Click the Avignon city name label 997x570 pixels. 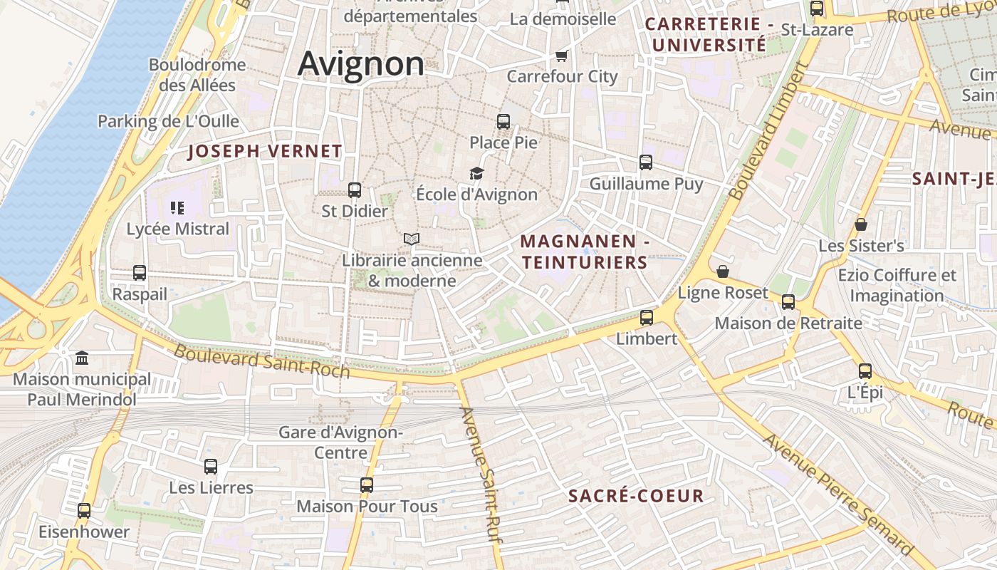[360, 63]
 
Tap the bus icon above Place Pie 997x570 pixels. [503, 122]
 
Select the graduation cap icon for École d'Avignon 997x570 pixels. [476, 173]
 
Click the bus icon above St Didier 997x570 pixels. [355, 190]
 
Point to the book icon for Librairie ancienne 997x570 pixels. [412, 239]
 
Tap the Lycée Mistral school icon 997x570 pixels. [177, 208]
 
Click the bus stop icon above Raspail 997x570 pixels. [140, 273]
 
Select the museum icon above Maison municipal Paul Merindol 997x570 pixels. [82, 358]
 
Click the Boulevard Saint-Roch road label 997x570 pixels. [262, 361]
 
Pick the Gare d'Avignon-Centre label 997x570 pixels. [340, 442]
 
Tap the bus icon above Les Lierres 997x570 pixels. [211, 467]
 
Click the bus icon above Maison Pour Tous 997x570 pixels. [367, 485]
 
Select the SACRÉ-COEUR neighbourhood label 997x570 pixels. [636, 496]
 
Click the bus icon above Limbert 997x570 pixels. [647, 318]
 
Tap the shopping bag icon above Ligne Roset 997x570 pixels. [723, 271]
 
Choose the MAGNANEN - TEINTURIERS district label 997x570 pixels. [585, 252]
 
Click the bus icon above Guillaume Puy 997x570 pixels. [646, 162]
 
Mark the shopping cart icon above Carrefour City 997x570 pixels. [562, 56]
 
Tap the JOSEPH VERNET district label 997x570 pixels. [265, 151]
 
